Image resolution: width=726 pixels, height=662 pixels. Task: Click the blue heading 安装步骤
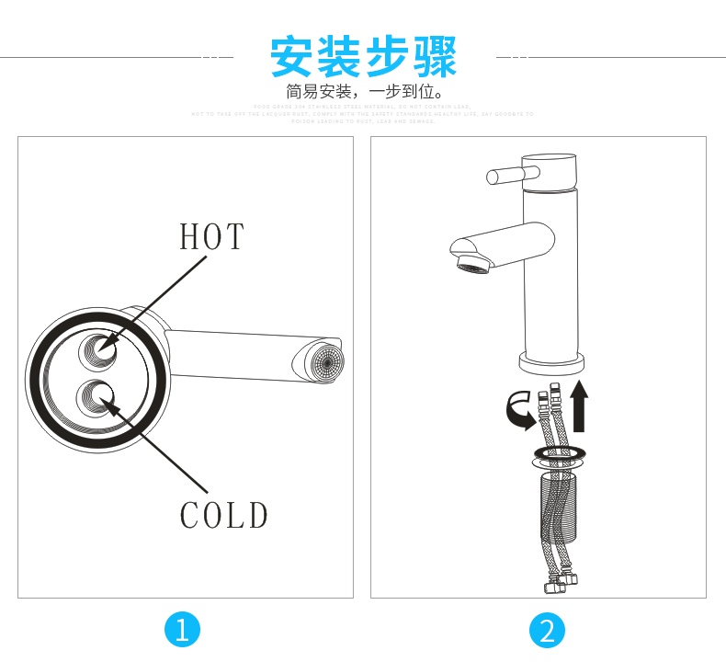pyautogui.click(x=363, y=57)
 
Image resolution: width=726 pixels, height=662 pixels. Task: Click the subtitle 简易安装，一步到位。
pyautogui.click(x=364, y=93)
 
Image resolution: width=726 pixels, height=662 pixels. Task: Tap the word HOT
pyautogui.click(x=212, y=236)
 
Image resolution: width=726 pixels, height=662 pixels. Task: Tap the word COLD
pyautogui.click(x=223, y=516)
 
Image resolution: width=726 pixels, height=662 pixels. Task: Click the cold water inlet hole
pyautogui.click(x=96, y=396)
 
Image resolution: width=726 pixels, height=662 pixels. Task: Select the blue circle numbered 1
pyautogui.click(x=181, y=630)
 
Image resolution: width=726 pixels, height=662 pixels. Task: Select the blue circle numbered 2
pyautogui.click(x=548, y=630)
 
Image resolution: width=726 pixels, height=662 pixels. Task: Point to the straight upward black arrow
pyautogui.click(x=578, y=408)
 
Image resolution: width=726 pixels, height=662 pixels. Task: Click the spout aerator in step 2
pyautogui.click(x=473, y=268)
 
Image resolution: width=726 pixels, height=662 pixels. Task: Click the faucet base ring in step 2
pyautogui.click(x=551, y=362)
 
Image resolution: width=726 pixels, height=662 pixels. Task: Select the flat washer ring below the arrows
pyautogui.click(x=558, y=453)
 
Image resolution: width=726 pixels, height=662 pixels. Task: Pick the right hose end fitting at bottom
pyautogui.click(x=571, y=579)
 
